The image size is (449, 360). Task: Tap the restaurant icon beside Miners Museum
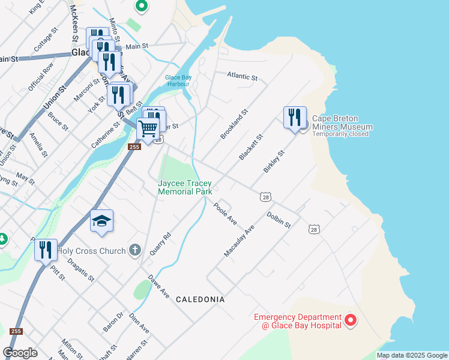(295, 116)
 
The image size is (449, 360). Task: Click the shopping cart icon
(148, 128)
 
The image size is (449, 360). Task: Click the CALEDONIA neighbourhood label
(200, 299)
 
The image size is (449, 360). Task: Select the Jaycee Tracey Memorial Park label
(185, 187)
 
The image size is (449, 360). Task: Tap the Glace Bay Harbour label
(177, 80)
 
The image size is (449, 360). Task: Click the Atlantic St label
(242, 77)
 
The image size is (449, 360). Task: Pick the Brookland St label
(234, 124)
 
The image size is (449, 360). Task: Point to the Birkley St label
(274, 162)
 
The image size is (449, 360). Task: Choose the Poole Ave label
(225, 214)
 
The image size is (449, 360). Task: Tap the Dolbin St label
(279, 220)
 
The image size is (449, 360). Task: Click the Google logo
(20, 353)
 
